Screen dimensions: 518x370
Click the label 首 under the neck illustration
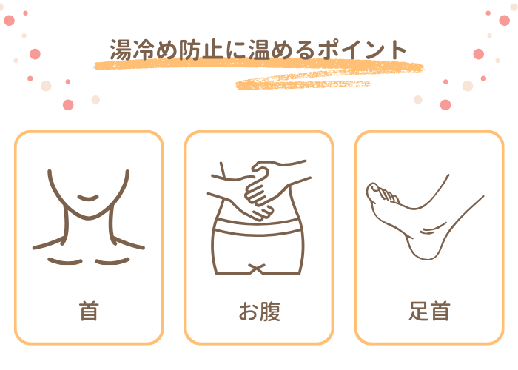(89, 312)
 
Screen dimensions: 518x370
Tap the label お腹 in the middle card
(260, 312)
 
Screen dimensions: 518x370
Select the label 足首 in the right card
(429, 312)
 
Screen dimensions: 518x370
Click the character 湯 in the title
(121, 50)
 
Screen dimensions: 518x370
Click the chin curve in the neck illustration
(88, 198)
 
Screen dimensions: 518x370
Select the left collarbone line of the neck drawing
(65, 262)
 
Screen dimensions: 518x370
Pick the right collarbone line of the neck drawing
(112, 262)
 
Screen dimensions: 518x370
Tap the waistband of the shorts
(258, 227)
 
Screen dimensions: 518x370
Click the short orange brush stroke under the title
(303, 84)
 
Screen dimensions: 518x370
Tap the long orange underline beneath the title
(258, 65)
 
